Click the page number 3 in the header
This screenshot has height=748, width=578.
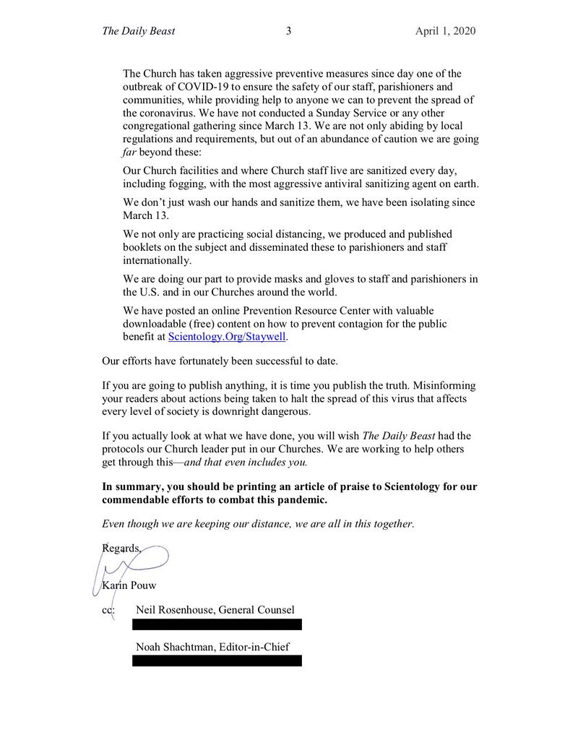tap(288, 31)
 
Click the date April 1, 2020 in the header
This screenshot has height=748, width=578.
tap(445, 31)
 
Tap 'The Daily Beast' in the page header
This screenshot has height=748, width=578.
tap(139, 31)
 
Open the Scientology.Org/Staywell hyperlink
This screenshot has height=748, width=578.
tap(228, 337)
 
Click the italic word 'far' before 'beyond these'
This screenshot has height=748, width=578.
tap(129, 152)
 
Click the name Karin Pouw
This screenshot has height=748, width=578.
tap(129, 585)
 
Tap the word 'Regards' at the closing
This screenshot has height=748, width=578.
tap(121, 548)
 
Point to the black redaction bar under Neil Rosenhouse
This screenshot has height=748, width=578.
tap(217, 624)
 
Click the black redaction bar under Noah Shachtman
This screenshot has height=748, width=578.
tap(217, 661)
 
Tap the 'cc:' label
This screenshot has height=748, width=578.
tap(109, 610)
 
